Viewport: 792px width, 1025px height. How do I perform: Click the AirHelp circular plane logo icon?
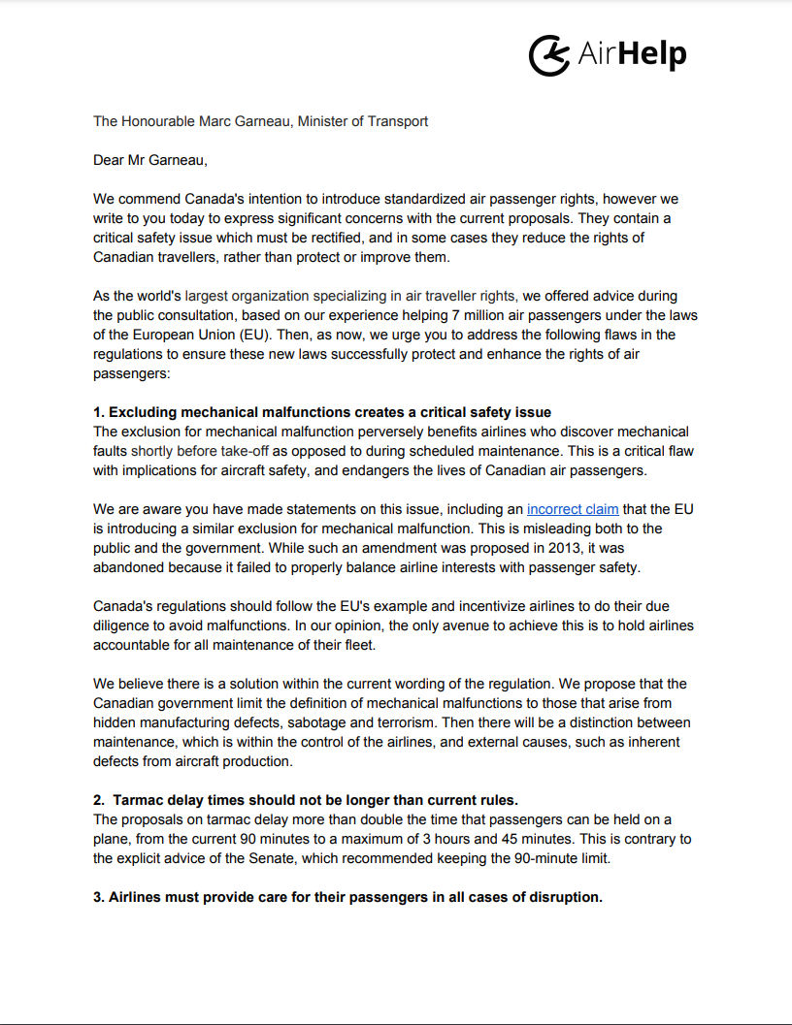(x=548, y=53)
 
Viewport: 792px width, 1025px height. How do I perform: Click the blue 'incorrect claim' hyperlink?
(x=573, y=509)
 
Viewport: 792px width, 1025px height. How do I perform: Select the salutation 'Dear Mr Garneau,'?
(x=150, y=160)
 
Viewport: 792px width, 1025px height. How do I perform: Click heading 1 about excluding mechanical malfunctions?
(x=329, y=412)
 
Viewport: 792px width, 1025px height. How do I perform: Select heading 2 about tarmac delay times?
(x=306, y=800)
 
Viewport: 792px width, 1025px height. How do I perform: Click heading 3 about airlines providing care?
(x=347, y=897)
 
